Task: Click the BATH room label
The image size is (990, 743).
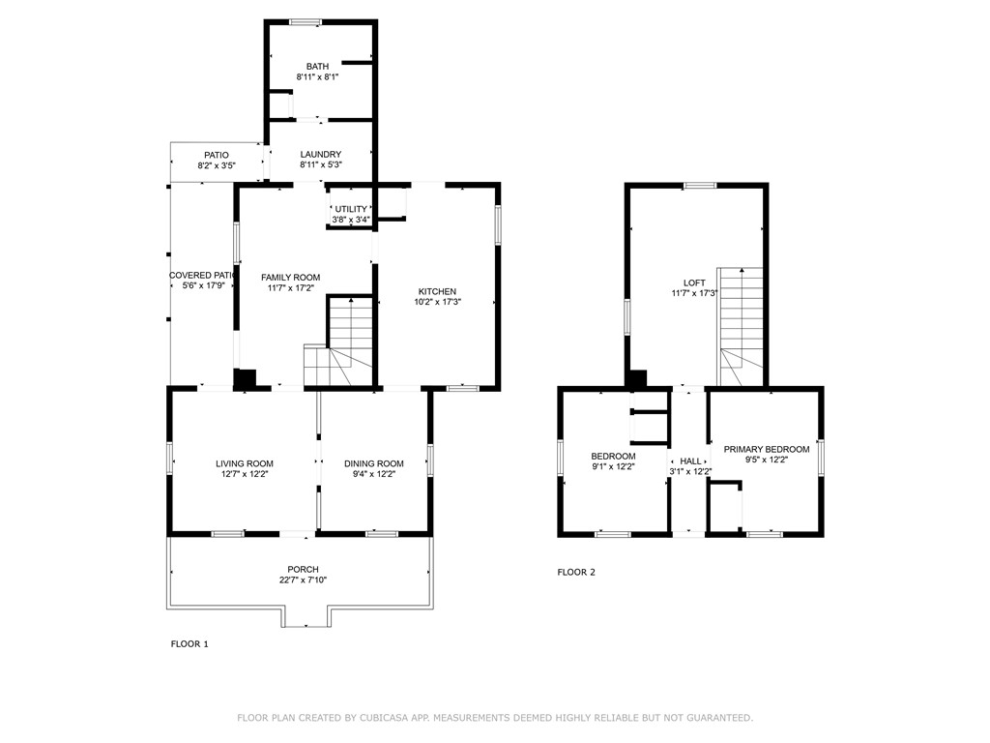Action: pyautogui.click(x=317, y=67)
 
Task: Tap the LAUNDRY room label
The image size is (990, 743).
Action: pyautogui.click(x=320, y=155)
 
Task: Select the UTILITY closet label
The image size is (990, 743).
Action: pyautogui.click(x=351, y=209)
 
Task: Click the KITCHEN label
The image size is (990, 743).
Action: pyautogui.click(x=437, y=292)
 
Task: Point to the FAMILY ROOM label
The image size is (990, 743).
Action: pyautogui.click(x=290, y=278)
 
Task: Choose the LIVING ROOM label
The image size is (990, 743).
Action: pyautogui.click(x=245, y=464)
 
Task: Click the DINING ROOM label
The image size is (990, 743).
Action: pyautogui.click(x=374, y=464)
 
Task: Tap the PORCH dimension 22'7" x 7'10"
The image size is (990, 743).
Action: pyautogui.click(x=303, y=580)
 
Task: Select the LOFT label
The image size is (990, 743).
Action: pyautogui.click(x=694, y=283)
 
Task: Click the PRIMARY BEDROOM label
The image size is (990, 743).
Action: pyautogui.click(x=767, y=450)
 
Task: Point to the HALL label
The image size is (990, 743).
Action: pyautogui.click(x=690, y=461)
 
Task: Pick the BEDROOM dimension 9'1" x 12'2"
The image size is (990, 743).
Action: pyautogui.click(x=613, y=467)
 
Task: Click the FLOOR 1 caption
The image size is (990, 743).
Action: pyautogui.click(x=189, y=643)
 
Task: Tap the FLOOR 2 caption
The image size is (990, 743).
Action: pyautogui.click(x=576, y=572)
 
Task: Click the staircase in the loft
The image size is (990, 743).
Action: pyautogui.click(x=740, y=329)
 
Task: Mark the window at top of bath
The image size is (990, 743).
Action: pyautogui.click(x=306, y=22)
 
